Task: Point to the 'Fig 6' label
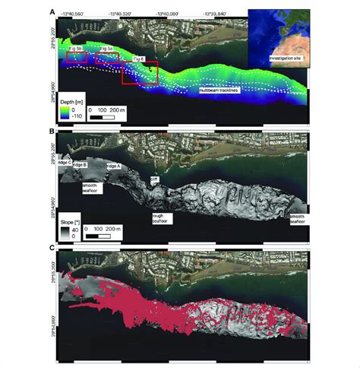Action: click(138, 59)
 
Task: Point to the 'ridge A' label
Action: click(113, 166)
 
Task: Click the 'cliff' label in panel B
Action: click(156, 179)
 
